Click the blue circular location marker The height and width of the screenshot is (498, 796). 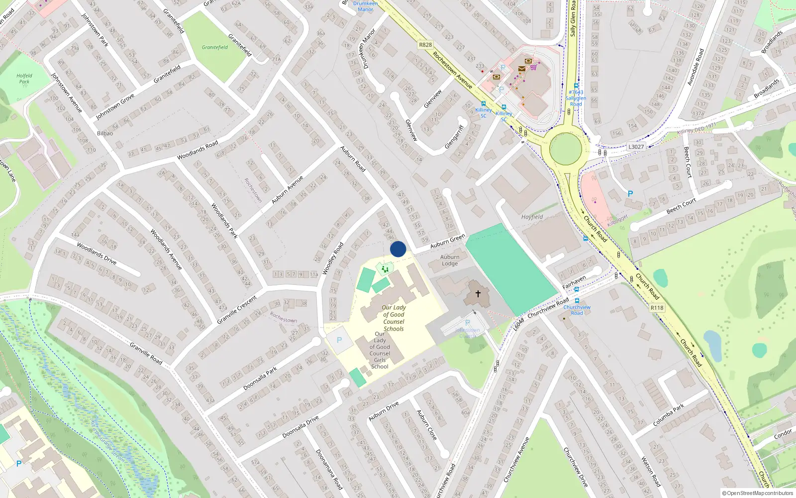[x=398, y=249]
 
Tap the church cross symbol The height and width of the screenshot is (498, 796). [x=478, y=294]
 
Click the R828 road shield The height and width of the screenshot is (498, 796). [x=425, y=45]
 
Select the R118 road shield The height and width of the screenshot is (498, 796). [x=657, y=308]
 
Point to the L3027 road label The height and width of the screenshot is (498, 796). [x=636, y=146]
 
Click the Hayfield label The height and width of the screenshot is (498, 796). [x=532, y=217]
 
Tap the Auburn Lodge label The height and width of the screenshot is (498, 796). [x=450, y=260]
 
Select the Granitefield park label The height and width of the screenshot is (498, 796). [x=215, y=47]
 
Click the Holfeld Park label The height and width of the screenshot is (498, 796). [x=24, y=79]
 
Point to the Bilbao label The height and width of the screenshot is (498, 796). [x=105, y=133]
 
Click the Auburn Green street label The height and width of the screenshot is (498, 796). [x=448, y=241]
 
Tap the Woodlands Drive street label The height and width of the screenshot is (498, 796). [x=97, y=253]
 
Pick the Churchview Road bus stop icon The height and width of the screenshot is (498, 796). [x=577, y=301]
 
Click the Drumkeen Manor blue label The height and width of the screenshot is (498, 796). [x=365, y=6]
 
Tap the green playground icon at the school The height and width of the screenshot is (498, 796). [x=385, y=269]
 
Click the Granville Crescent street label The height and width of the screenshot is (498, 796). [x=237, y=309]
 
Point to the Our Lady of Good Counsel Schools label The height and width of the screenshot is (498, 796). [x=394, y=318]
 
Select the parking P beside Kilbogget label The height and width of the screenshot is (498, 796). [x=630, y=194]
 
